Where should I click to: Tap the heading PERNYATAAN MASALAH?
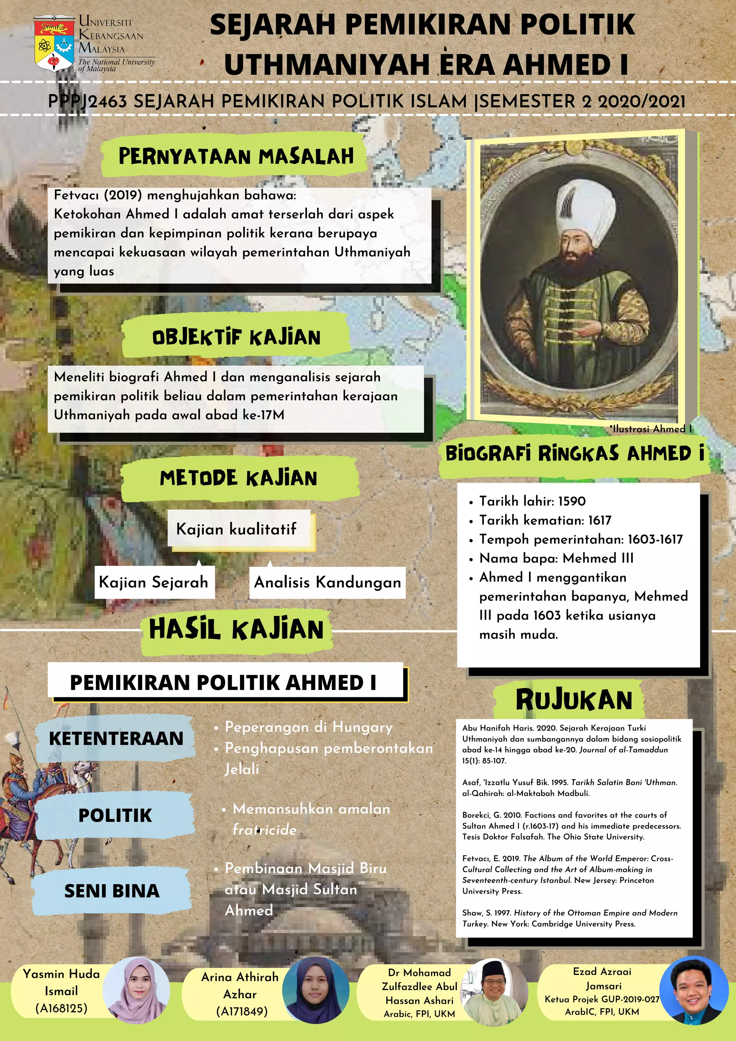click(x=236, y=156)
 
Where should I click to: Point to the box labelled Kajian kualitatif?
click(x=236, y=529)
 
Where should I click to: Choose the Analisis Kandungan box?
click(x=327, y=582)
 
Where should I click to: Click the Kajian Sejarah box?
click(x=153, y=582)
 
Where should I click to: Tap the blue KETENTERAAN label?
click(x=116, y=738)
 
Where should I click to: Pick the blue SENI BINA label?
click(x=112, y=891)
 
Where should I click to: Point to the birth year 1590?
click(x=572, y=501)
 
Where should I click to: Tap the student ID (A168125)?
click(x=61, y=1008)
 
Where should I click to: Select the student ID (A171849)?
click(x=242, y=1011)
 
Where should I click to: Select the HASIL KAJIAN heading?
click(x=236, y=629)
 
